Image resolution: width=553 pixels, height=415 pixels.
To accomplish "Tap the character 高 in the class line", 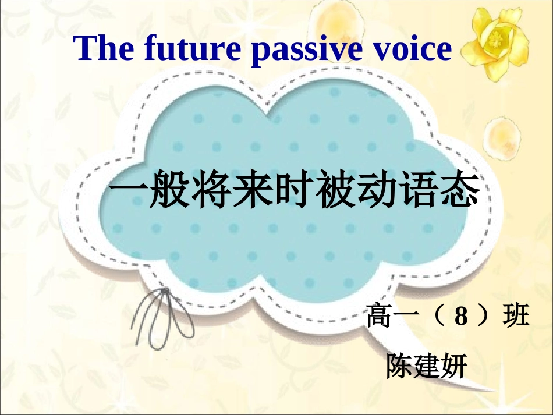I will tap(380, 318).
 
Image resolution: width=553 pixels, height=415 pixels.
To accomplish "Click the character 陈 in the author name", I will tap(399, 366).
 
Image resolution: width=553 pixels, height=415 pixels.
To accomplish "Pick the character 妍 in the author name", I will tap(453, 366).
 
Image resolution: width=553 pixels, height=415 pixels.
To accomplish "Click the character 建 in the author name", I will tap(426, 366).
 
